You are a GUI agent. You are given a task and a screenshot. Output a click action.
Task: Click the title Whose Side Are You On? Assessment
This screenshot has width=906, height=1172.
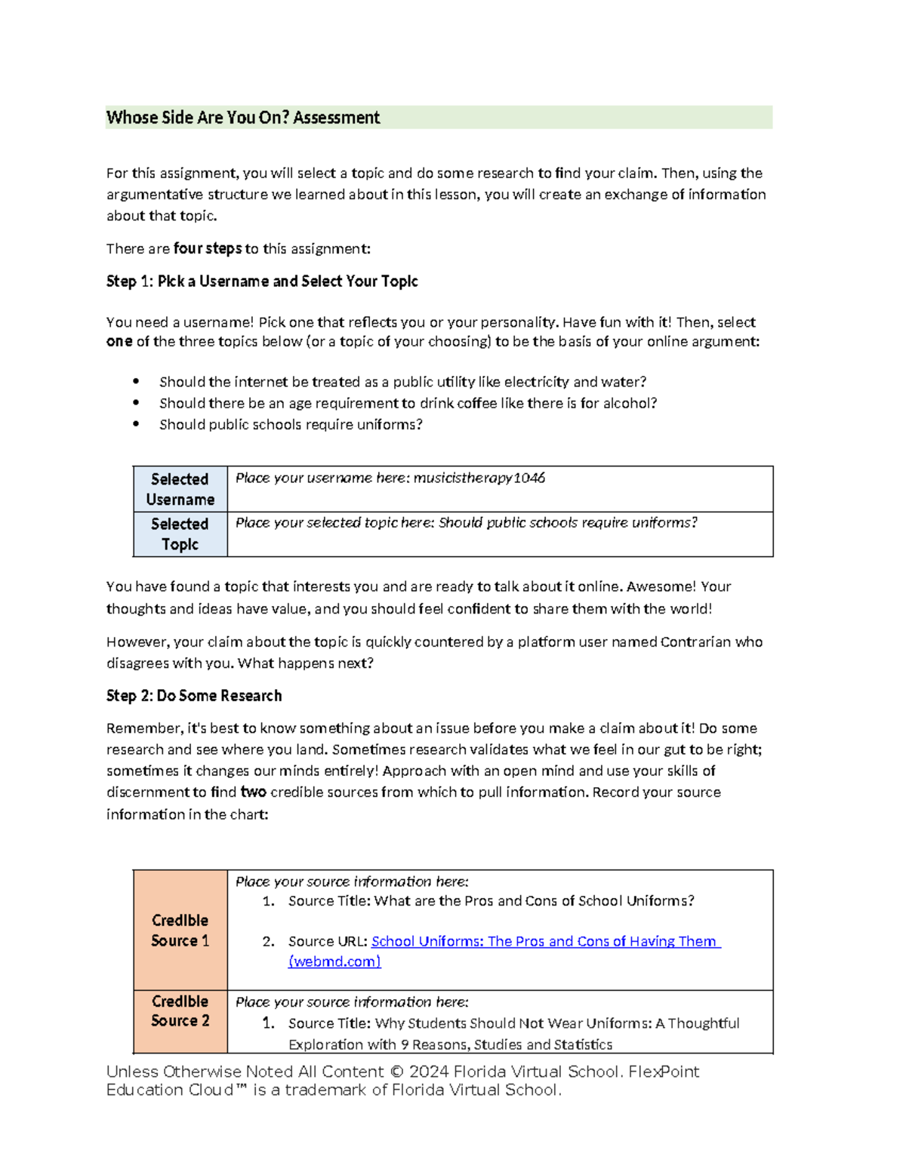(x=243, y=118)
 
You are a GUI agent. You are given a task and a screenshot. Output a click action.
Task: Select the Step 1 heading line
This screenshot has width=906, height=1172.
(x=262, y=281)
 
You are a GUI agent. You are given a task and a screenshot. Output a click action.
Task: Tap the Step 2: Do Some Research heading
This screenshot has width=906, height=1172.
(x=194, y=696)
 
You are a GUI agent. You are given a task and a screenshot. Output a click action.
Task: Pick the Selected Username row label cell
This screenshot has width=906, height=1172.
(x=180, y=489)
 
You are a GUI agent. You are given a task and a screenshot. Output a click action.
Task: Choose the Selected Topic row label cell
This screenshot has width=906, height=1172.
(x=180, y=534)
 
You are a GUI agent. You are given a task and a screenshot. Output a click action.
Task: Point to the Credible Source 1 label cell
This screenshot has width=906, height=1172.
(x=180, y=930)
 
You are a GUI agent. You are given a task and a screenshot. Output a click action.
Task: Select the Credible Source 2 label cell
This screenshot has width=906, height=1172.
(x=180, y=1011)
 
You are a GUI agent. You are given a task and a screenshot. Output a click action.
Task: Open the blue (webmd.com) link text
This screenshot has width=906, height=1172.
(x=334, y=961)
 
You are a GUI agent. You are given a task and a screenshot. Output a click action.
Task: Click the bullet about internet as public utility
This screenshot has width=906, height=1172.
(x=402, y=382)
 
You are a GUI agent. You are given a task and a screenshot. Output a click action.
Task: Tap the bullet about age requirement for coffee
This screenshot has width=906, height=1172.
(x=408, y=403)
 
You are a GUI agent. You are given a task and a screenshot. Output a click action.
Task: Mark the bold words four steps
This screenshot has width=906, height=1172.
(x=208, y=248)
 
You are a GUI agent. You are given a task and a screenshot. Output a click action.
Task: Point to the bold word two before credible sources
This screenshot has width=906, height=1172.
(x=253, y=792)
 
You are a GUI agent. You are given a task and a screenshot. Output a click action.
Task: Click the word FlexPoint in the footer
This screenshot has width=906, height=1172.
(x=664, y=1072)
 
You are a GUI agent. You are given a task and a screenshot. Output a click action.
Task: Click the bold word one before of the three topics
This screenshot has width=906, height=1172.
(x=119, y=341)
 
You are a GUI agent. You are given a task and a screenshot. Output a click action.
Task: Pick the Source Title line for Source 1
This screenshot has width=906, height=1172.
(x=491, y=901)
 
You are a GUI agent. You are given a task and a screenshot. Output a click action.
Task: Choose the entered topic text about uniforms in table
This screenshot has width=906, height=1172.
(x=568, y=522)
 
